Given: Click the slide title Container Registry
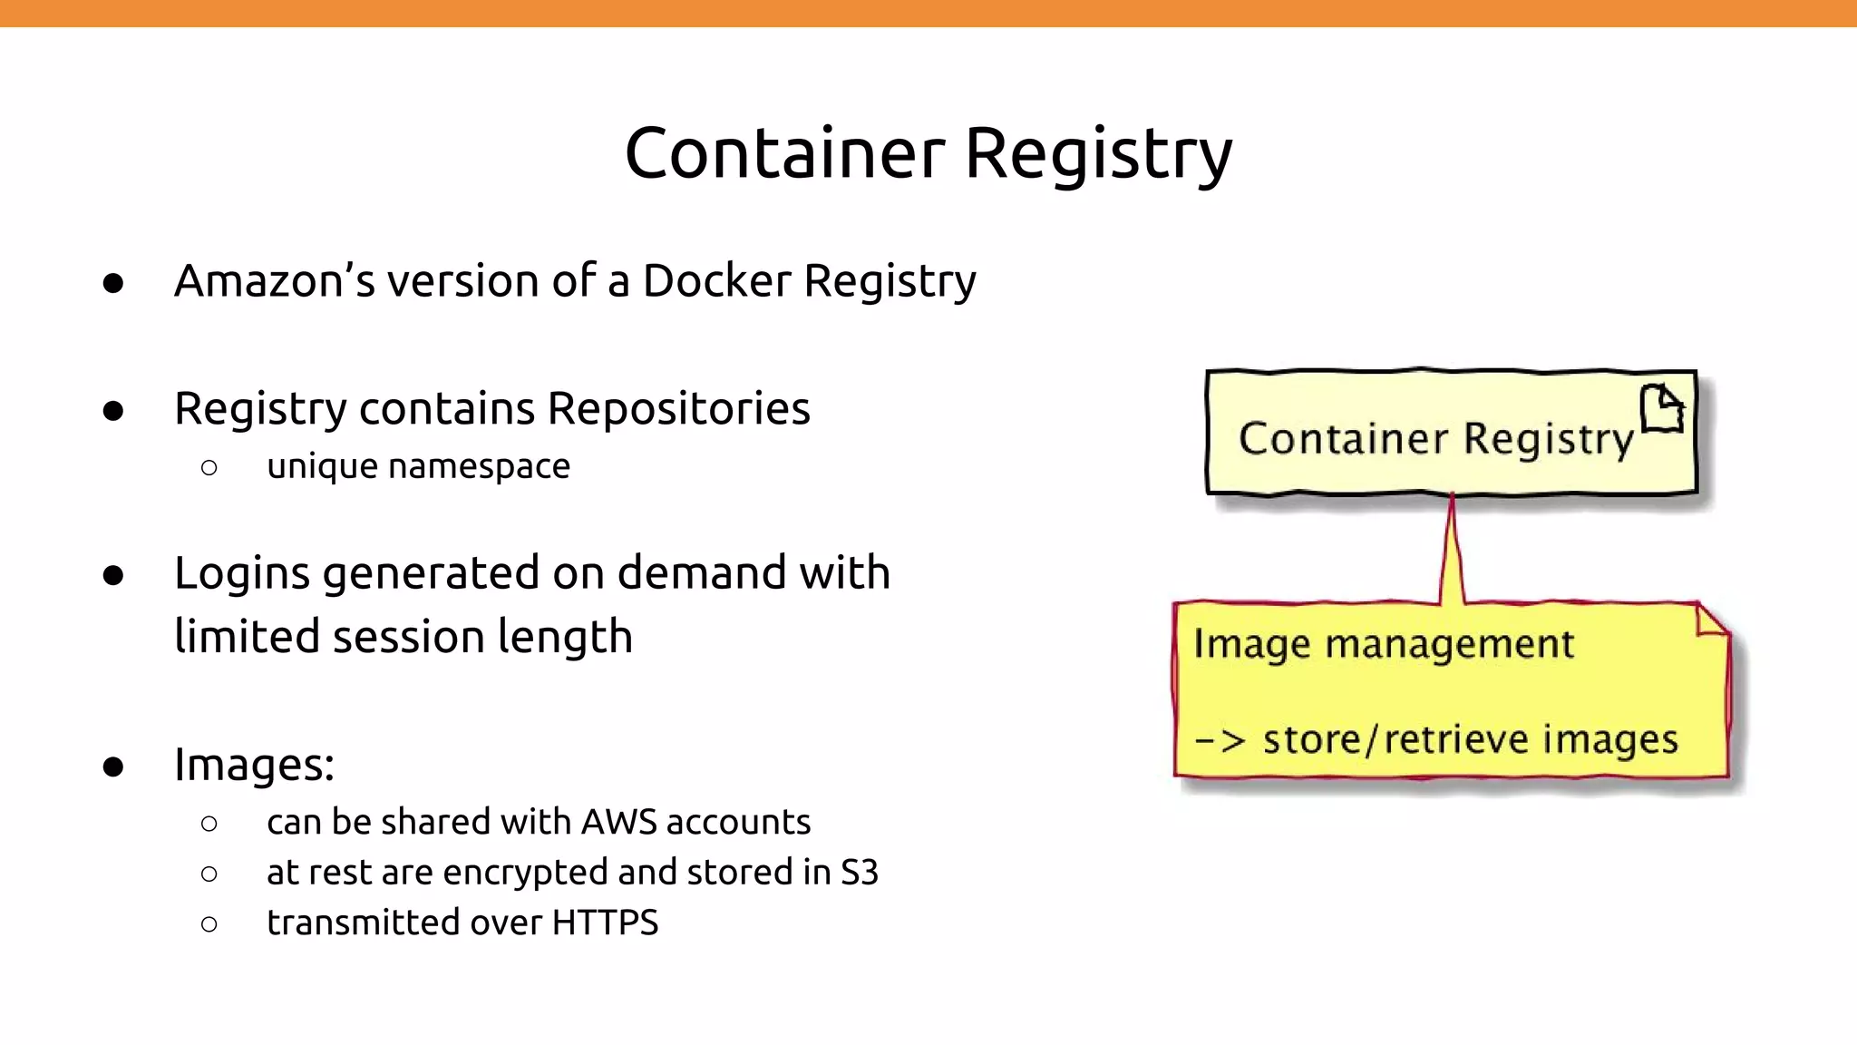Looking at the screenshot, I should (928, 152).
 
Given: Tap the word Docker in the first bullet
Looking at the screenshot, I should (716, 280).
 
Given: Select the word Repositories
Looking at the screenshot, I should (678, 408).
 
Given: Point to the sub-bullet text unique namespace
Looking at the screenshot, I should (418, 466).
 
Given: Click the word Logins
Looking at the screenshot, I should (242, 574).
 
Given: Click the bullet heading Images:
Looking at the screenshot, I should (254, 764).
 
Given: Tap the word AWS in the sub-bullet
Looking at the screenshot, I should (618, 822).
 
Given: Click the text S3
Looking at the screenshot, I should (859, 872).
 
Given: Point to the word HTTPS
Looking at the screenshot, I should (605, 923).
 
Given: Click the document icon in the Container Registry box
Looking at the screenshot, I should (1662, 408).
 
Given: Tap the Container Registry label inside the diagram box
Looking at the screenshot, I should (1436, 439).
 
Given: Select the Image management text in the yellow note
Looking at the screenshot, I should (1384, 644).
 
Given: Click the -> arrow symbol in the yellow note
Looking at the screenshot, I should (1220, 740).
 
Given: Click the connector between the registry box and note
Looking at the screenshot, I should (1452, 549).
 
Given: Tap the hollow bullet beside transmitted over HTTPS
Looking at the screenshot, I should (209, 924).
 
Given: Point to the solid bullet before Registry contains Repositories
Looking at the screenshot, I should (113, 411).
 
